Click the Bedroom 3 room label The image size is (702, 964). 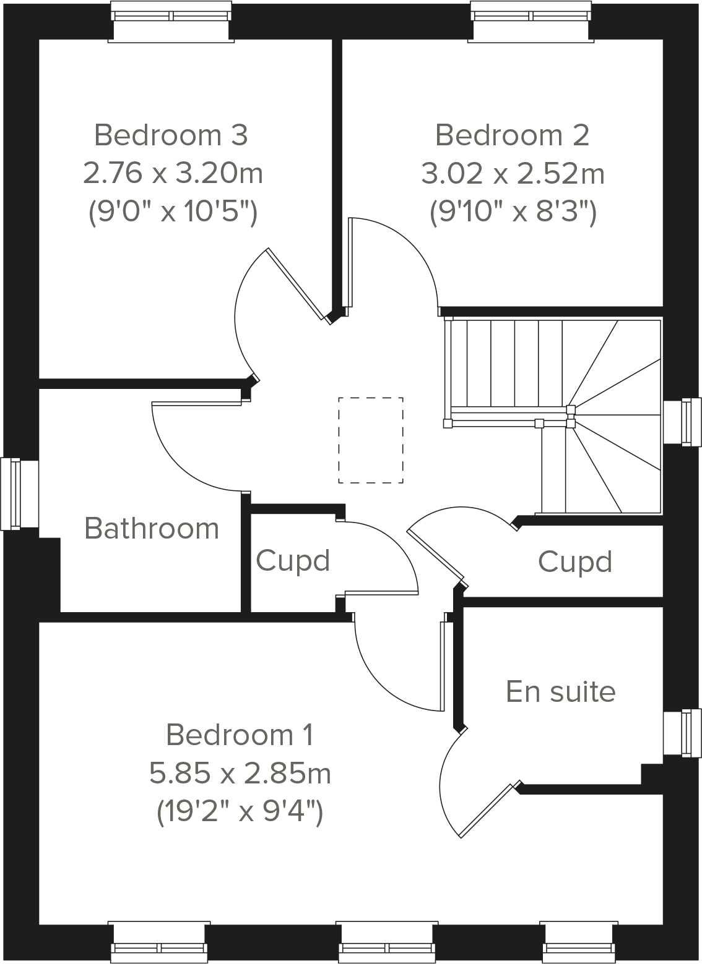tap(171, 135)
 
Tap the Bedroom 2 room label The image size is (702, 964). tap(512, 135)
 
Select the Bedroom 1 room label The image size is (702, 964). tap(240, 735)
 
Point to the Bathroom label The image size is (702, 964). tap(152, 529)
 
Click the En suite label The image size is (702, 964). tap(561, 691)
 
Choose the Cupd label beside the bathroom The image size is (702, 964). tap(293, 561)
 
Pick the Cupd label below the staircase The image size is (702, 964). tap(575, 562)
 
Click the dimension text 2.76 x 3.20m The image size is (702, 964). tap(173, 174)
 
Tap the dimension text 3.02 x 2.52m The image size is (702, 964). tap(513, 174)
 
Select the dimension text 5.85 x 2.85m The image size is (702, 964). tap(240, 774)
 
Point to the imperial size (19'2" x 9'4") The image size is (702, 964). tap(240, 812)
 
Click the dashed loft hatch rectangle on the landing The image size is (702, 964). tap(370, 440)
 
